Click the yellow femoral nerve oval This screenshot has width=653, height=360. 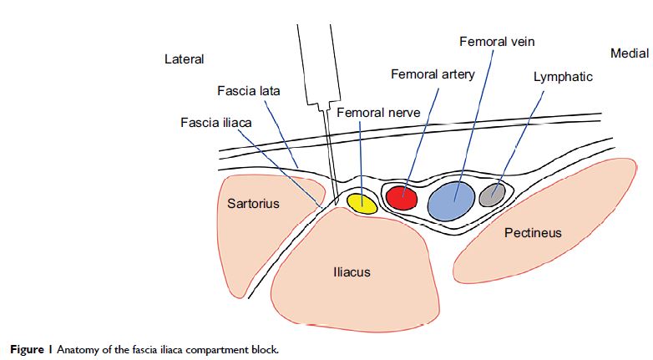pyautogui.click(x=362, y=203)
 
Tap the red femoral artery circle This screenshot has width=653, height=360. pyautogui.click(x=402, y=197)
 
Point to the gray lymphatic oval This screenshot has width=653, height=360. pyautogui.click(x=492, y=195)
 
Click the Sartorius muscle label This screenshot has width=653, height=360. pyautogui.click(x=252, y=203)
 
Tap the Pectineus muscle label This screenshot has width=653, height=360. pyautogui.click(x=533, y=233)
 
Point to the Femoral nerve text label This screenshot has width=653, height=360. pyautogui.click(x=374, y=112)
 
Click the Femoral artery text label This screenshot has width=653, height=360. pyautogui.click(x=433, y=74)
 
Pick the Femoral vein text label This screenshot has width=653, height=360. pyautogui.click(x=497, y=41)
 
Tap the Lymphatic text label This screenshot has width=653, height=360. pyautogui.click(x=563, y=77)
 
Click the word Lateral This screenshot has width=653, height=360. pyautogui.click(x=185, y=59)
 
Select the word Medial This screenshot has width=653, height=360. pyautogui.click(x=629, y=53)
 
